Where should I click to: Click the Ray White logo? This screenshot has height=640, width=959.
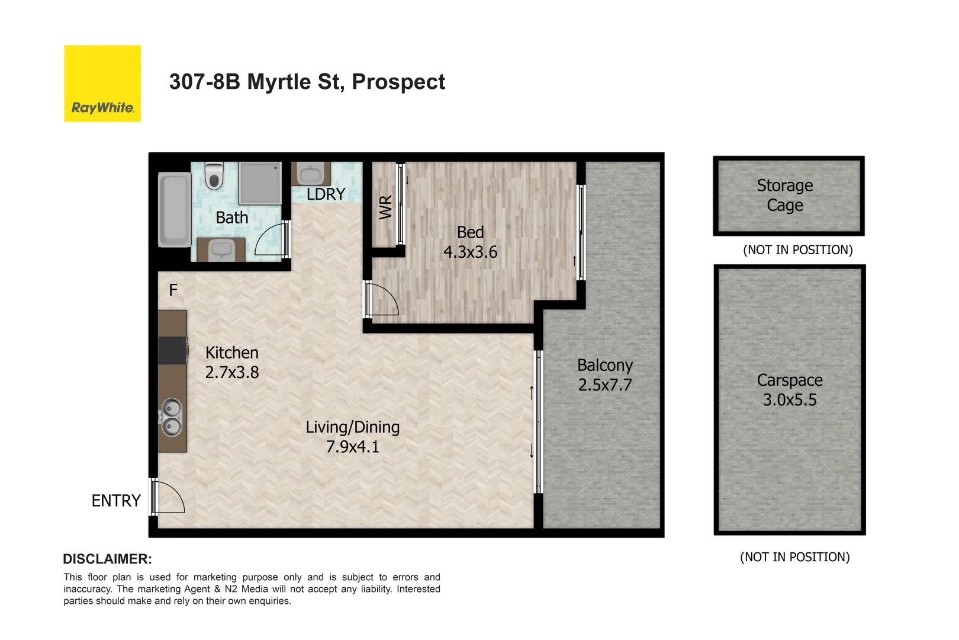pos(102,84)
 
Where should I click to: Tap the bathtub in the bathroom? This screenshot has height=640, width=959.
pos(175,209)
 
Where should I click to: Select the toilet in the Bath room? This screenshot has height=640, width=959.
pos(214,175)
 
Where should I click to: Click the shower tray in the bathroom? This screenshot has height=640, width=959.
pos(260,183)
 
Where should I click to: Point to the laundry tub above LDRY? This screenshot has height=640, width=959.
pos(311,174)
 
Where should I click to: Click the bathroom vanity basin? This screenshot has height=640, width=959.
pos(221,249)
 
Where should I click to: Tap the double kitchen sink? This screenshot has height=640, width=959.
pos(172,417)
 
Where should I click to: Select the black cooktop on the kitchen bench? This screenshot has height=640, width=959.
pos(172,350)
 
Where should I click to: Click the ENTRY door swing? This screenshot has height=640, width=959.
pos(168,497)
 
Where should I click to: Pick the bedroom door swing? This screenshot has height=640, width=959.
pos(382,299)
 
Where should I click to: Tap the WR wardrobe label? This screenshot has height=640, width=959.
pos(385,207)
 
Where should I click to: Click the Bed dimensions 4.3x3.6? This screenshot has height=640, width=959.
pos(471,252)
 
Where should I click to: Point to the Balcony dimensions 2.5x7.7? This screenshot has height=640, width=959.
pos(605,385)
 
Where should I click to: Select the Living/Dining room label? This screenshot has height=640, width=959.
pos(353,427)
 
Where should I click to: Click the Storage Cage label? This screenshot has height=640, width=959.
pos(785,196)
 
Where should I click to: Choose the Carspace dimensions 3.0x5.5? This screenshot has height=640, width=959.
pos(790,400)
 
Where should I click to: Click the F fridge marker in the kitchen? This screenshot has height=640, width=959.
pos(173,290)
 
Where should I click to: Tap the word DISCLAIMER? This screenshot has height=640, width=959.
pos(107,559)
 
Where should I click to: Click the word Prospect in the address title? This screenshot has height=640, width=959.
pos(398,82)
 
